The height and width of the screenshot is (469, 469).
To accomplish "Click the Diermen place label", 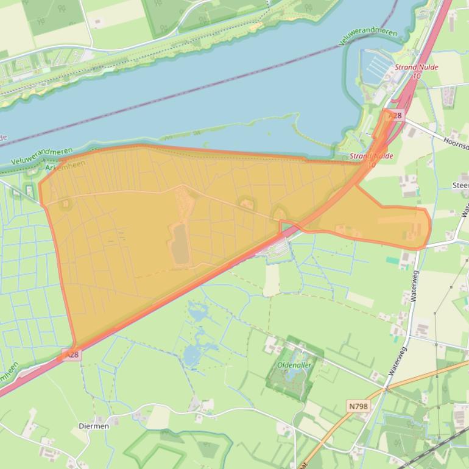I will pos(94,426).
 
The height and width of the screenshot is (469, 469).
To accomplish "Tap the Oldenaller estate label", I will pos(294,365).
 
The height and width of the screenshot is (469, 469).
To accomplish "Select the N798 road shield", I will pos(359,406).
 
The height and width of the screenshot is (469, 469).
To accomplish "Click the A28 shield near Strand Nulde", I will pos(395,115).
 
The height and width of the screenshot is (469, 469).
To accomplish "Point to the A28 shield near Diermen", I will pos(71,354).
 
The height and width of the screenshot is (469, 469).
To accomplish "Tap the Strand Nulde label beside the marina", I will pos(417,68).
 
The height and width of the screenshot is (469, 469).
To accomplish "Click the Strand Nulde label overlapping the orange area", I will pos(371,157).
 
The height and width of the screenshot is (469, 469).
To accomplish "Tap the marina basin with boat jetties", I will pos(373,66).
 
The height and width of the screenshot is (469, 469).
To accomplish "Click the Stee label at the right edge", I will pos(460,185).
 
